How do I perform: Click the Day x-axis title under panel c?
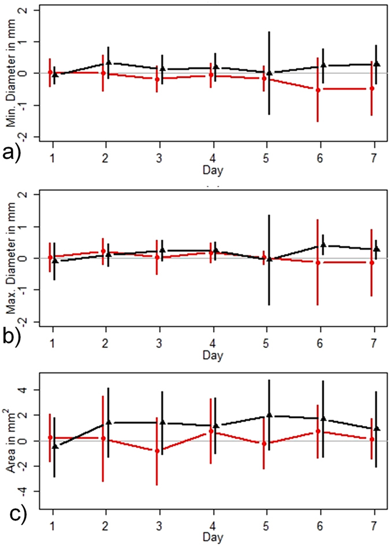[213, 537]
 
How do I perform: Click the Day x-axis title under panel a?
[213, 171]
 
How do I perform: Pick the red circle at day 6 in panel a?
[318, 90]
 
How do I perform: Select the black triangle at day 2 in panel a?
[109, 62]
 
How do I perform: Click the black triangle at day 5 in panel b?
[269, 259]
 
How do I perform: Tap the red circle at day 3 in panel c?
[157, 451]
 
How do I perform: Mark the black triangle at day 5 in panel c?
[269, 415]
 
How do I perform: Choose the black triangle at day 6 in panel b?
[323, 245]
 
